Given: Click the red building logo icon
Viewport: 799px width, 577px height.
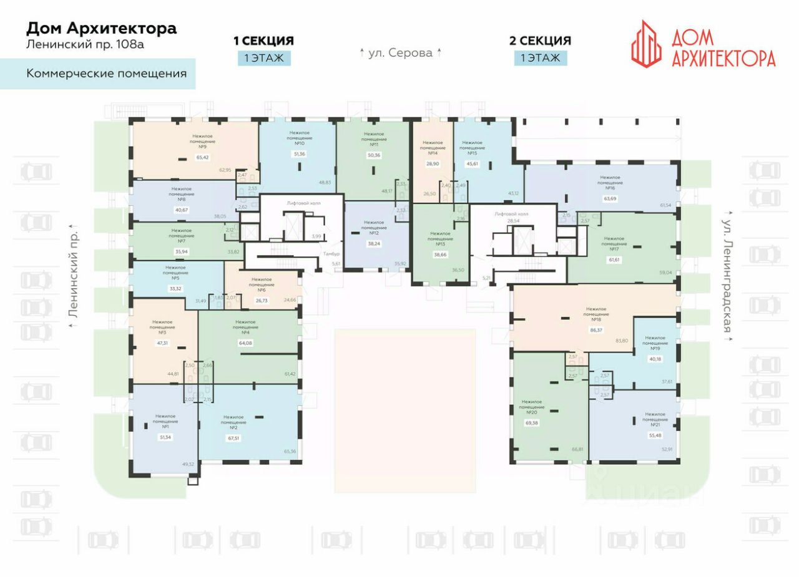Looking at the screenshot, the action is (x=646, y=42).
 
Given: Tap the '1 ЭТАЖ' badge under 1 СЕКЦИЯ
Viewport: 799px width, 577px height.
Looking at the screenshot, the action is (x=263, y=58).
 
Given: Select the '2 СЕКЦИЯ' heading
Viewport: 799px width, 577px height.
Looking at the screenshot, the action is (x=540, y=41).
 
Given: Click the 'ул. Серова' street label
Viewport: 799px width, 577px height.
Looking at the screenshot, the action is (x=400, y=53).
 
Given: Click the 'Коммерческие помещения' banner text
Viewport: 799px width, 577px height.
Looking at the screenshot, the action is (x=107, y=74).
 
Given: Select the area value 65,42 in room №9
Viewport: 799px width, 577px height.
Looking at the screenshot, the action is (x=202, y=158).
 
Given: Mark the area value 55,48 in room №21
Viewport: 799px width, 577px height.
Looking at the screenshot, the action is (x=655, y=435).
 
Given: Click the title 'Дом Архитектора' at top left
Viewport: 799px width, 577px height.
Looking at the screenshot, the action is (x=101, y=28).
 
